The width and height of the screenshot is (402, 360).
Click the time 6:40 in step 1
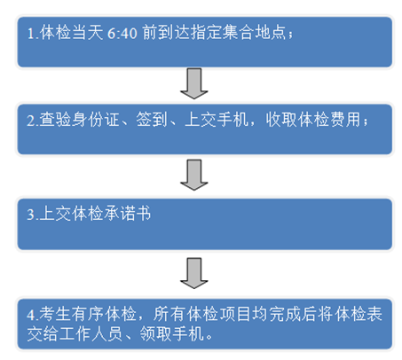point(122,33)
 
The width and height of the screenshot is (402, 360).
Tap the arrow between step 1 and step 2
point(194,83)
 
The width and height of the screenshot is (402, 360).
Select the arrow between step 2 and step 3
point(194,175)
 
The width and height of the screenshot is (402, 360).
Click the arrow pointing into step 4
point(194,273)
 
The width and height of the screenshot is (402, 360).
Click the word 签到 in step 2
point(152,120)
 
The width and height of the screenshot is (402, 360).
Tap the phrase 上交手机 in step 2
point(217,120)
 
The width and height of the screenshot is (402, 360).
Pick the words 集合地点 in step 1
point(254,33)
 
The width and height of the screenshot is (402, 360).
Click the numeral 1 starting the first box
point(30,34)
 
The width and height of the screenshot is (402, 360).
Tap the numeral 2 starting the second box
point(31,121)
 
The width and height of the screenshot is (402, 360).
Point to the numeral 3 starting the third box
point(31,215)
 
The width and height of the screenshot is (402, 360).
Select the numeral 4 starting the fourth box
point(31,315)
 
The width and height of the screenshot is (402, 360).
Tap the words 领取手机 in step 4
point(172,334)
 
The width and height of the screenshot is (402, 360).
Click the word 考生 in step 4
point(55,314)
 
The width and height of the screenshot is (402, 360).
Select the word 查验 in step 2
point(55,120)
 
